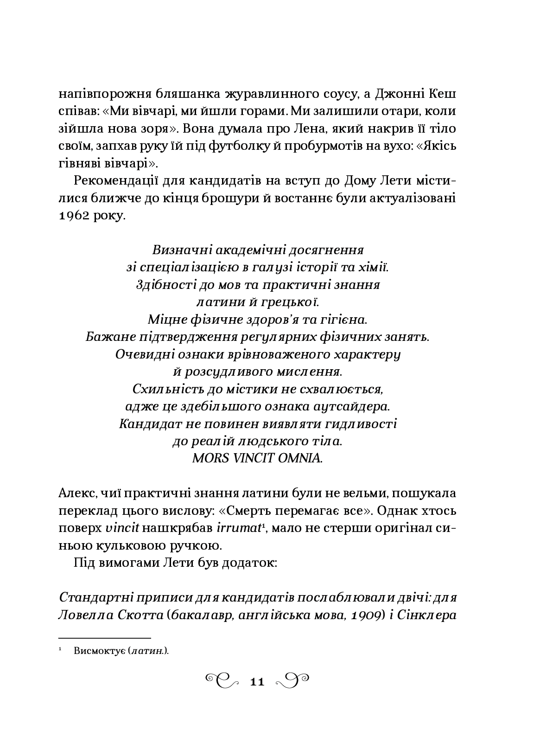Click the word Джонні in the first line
(x=397, y=94)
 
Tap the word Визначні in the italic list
(x=178, y=250)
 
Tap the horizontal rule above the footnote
(x=106, y=638)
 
